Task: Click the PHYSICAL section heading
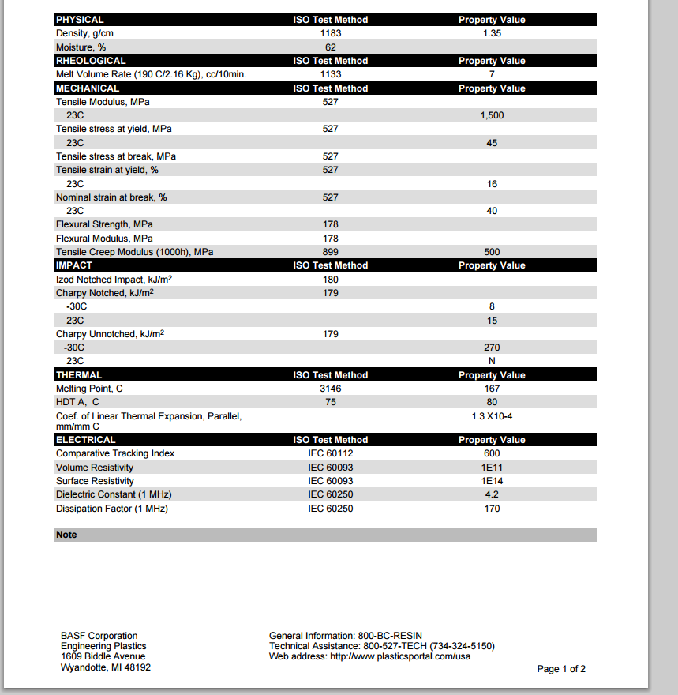coord(80,20)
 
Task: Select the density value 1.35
coord(492,33)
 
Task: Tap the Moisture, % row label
coord(81,47)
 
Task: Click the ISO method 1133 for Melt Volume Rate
coord(331,74)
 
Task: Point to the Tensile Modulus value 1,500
coord(492,115)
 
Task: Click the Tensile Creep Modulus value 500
coord(492,252)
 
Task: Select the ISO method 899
coord(331,252)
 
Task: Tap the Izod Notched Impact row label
coord(114,280)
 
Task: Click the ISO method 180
coord(331,280)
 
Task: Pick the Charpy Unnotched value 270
coord(492,347)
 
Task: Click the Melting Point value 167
coord(492,389)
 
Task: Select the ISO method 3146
coord(331,389)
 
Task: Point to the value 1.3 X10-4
coord(492,416)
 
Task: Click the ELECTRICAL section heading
coord(86,440)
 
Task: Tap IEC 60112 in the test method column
coord(331,453)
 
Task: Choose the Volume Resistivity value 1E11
coord(492,468)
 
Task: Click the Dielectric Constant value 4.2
coord(492,494)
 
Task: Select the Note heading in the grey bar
coord(67,535)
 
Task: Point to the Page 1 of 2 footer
coord(561,669)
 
